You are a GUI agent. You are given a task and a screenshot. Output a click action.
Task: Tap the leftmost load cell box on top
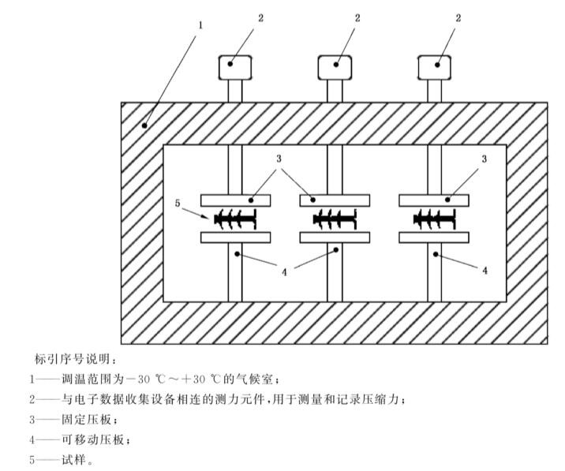click(x=232, y=68)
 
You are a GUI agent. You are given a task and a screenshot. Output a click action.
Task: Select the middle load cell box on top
click(x=335, y=68)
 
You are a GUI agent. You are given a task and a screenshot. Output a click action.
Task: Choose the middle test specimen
click(x=335, y=218)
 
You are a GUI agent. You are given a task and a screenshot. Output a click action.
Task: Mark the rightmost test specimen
click(x=435, y=218)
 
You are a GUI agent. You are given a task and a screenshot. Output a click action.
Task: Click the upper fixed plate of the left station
click(x=236, y=198)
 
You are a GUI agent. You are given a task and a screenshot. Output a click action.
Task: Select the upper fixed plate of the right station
click(x=435, y=198)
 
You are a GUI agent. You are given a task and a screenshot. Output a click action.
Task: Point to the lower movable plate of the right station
click(x=435, y=237)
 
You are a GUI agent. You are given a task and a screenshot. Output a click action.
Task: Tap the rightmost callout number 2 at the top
click(x=458, y=17)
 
